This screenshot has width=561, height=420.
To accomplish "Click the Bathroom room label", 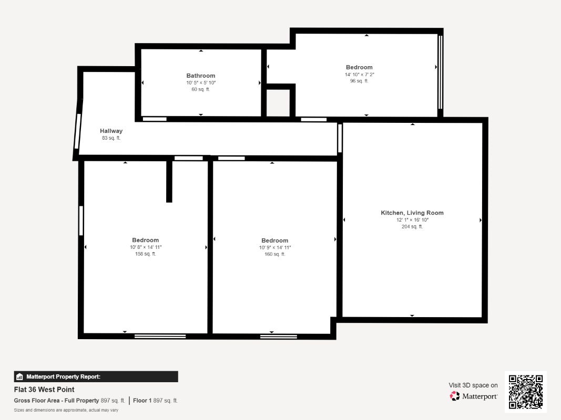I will [201, 76].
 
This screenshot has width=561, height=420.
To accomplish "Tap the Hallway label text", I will [111, 131].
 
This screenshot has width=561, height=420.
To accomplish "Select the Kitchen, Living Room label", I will [412, 213].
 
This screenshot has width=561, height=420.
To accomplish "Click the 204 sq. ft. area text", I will [412, 227].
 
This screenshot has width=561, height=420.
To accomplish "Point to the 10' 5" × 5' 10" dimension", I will [201, 83].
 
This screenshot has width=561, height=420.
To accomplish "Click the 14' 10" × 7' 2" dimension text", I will [359, 75].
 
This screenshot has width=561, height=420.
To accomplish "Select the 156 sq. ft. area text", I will [146, 254].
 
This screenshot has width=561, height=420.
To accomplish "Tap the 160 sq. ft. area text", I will [274, 254].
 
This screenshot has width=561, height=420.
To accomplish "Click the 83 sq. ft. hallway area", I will [111, 138].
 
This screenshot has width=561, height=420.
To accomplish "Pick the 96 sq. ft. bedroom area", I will [359, 81].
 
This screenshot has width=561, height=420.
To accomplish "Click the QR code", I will [526, 392].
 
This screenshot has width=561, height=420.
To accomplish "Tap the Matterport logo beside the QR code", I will [474, 396].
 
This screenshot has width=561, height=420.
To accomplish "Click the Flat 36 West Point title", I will [44, 390].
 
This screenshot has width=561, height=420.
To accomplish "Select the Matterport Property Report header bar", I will [96, 376].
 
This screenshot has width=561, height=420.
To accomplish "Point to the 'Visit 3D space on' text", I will [473, 385].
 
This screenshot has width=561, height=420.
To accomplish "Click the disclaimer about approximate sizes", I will [66, 410].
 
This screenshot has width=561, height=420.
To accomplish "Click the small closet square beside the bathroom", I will [278, 103].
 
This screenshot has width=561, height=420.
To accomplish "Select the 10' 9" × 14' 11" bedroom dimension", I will [274, 247].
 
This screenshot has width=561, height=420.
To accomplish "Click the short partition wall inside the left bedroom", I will [169, 181].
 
